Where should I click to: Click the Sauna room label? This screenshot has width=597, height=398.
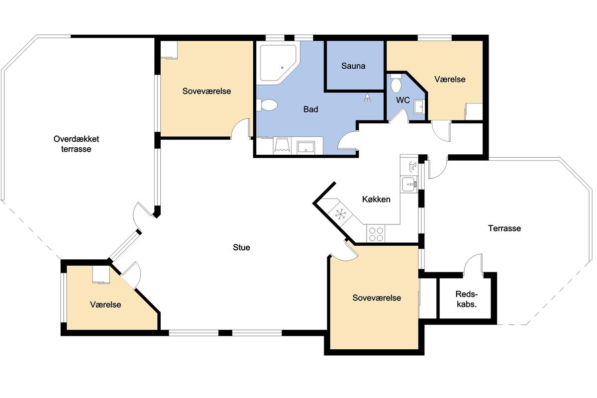click(x=353, y=66)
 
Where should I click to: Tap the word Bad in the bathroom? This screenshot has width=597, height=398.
click(x=310, y=109)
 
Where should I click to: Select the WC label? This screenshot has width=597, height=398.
click(x=402, y=100)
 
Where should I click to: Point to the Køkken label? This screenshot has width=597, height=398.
click(x=376, y=199)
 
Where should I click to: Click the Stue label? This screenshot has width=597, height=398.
click(x=241, y=247)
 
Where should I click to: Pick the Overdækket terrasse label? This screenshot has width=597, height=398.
click(x=76, y=144)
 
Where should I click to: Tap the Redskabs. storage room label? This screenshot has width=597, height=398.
click(x=467, y=299)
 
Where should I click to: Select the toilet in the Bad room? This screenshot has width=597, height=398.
click(x=267, y=105)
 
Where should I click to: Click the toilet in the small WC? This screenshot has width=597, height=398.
click(x=396, y=83)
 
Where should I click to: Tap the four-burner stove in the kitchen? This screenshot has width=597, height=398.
click(x=376, y=234)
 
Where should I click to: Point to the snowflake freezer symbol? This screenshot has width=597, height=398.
click(x=340, y=214)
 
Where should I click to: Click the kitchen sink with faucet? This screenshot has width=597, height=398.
click(x=409, y=184)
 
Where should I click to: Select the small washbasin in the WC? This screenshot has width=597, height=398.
click(x=419, y=107)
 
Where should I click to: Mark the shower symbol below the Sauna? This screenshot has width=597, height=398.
click(x=367, y=98)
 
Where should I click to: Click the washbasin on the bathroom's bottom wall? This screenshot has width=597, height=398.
click(x=306, y=147)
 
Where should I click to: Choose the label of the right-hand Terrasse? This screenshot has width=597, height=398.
click(x=504, y=228)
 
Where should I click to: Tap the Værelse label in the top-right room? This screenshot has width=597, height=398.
click(x=450, y=79)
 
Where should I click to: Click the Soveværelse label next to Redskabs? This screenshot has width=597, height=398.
click(x=377, y=298)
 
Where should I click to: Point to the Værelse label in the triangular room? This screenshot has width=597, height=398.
click(x=105, y=304)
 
